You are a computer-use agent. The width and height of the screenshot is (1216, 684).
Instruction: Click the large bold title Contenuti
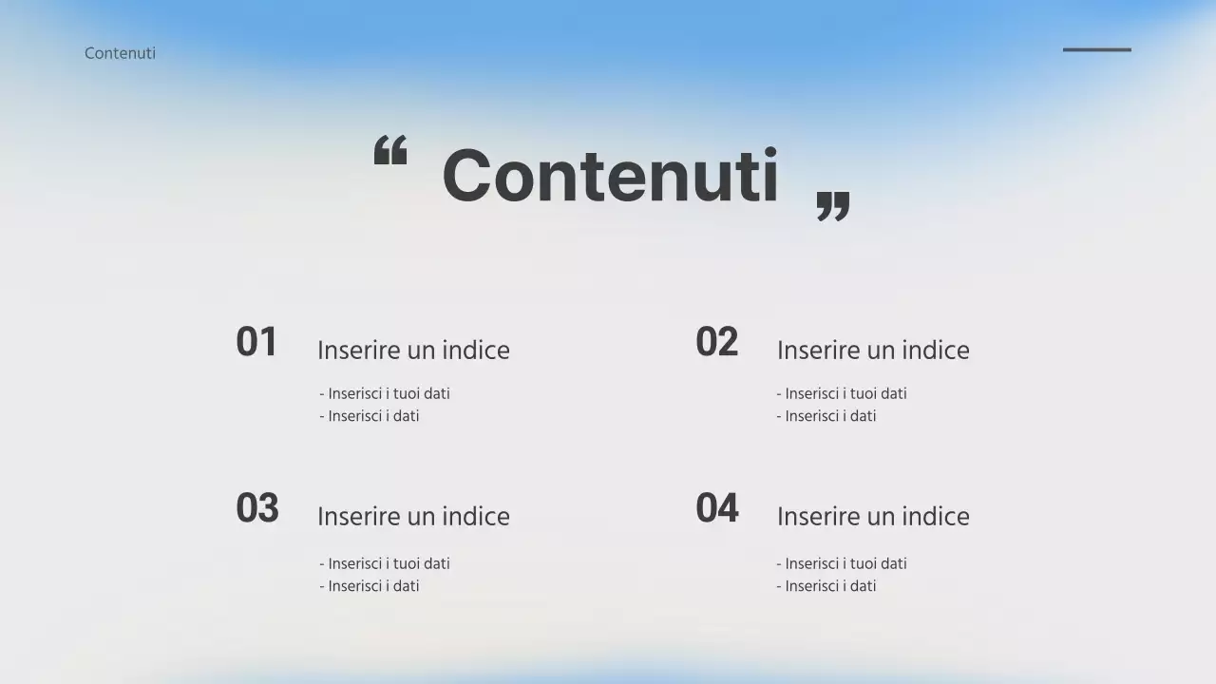point(610,176)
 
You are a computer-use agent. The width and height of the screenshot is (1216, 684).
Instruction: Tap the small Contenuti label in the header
point(120,53)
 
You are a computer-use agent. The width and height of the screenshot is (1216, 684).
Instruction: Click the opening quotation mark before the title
point(389,150)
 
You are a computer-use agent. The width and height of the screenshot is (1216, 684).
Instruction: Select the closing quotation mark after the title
point(833,206)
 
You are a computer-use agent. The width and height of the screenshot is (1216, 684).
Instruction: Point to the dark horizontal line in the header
point(1096,49)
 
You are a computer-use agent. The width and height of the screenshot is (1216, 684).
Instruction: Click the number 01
point(256,342)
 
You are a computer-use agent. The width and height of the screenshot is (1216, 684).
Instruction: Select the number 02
point(716,342)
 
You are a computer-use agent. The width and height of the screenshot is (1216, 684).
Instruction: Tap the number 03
point(257,508)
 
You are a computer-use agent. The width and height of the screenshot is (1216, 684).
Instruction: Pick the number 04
point(716,508)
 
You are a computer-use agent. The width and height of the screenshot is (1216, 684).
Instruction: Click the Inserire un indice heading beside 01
point(413,351)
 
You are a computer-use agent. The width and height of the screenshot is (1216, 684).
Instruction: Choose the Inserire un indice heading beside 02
point(873,351)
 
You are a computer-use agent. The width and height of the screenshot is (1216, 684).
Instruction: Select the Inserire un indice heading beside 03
point(413,517)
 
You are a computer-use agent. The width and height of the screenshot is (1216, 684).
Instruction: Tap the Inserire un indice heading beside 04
point(873,517)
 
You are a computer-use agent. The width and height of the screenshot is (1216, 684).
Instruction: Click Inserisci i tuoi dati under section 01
point(385,393)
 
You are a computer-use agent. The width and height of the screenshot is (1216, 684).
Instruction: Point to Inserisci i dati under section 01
point(370,416)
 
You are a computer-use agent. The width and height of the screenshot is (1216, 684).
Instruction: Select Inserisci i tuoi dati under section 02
point(842,393)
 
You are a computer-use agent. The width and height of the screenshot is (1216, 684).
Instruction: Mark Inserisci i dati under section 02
point(826,416)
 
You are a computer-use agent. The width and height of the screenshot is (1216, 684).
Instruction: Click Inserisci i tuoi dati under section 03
point(385,563)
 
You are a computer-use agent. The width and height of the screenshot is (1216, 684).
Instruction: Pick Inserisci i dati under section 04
point(826,586)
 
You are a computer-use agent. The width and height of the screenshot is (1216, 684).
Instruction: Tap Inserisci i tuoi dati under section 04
point(842,563)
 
